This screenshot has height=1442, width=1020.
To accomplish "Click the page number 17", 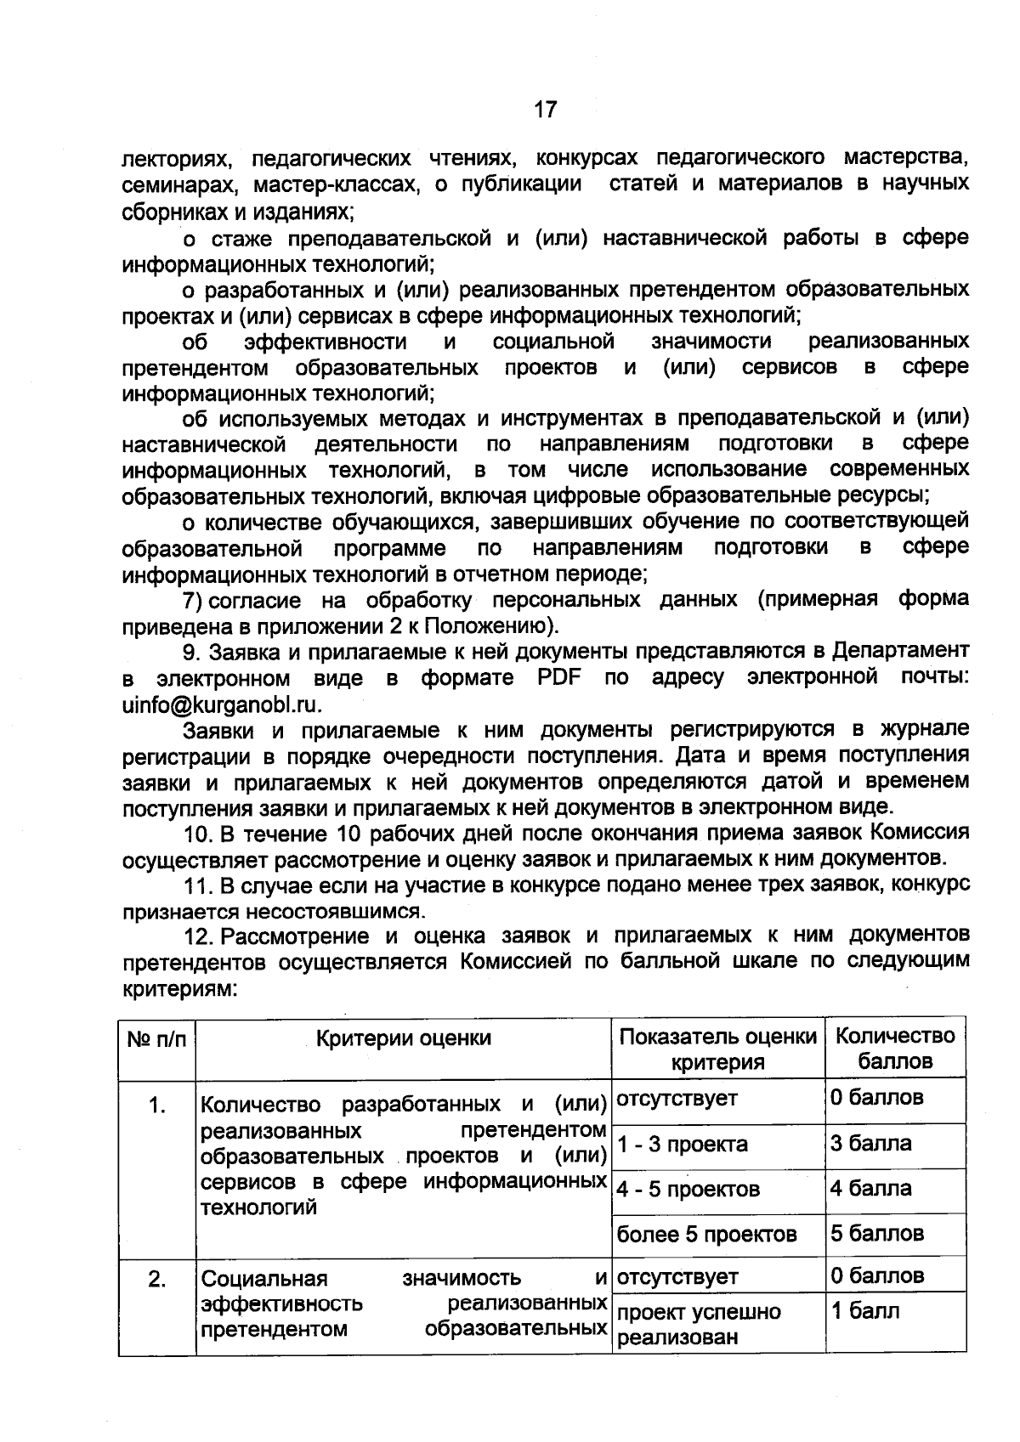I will click(x=545, y=109).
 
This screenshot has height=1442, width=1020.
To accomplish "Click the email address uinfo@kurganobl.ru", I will click(x=223, y=704).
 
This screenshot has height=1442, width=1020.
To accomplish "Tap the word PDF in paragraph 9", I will click(x=559, y=678).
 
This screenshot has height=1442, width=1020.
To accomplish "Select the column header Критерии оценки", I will click(x=404, y=1038).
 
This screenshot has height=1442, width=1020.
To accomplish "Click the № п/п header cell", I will click(x=156, y=1038).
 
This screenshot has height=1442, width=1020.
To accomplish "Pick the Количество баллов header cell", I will click(x=895, y=1049).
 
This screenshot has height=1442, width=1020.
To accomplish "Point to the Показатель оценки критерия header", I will click(x=717, y=1049).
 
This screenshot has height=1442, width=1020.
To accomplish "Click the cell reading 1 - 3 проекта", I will click(x=683, y=1145).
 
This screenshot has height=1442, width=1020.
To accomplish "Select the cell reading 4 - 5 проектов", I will click(x=688, y=1189).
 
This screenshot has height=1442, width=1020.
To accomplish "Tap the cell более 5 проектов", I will click(x=706, y=1234).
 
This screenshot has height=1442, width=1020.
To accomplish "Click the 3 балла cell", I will click(x=870, y=1143).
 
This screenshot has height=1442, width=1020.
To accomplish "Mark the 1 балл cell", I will click(x=864, y=1311).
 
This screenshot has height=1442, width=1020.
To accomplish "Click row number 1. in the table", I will click(x=156, y=1106).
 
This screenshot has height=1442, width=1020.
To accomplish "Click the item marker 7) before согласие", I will click(x=193, y=601).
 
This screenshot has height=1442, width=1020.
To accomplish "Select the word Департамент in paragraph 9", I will click(x=900, y=651).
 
